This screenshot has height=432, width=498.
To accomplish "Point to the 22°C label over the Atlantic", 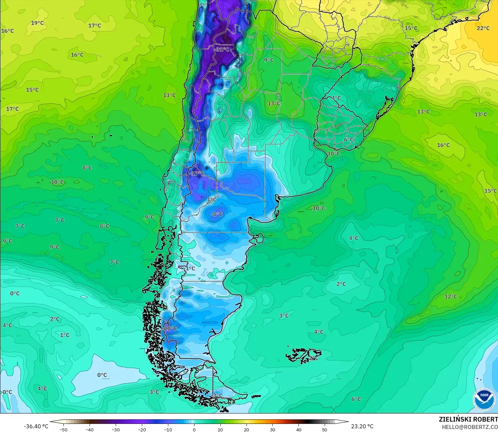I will coord(483,28).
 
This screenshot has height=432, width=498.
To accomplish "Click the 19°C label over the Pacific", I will coord(37,23).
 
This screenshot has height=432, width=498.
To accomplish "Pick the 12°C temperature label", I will coord(450,296).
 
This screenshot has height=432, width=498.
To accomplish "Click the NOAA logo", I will coord(484,399).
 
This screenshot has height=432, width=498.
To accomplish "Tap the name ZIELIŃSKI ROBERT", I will coord(468,419).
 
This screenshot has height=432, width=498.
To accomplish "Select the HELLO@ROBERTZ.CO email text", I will coord(469,427).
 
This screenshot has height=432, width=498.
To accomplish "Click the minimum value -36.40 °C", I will coord(36,426).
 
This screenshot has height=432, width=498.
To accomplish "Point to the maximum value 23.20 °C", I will coord(362,426).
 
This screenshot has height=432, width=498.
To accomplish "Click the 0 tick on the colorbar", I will coord(194,429).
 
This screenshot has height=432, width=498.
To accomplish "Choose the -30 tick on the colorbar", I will coord(115,429).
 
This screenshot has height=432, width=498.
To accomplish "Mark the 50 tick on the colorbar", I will coord(325,429).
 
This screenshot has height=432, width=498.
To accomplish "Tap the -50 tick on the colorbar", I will coord(63,429).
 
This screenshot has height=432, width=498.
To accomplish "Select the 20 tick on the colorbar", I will coord(246,429).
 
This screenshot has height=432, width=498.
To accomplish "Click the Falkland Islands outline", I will coord(303,355).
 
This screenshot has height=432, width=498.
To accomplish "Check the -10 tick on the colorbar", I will coord(168,429).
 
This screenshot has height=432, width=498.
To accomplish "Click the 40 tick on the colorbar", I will coord(298,429).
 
